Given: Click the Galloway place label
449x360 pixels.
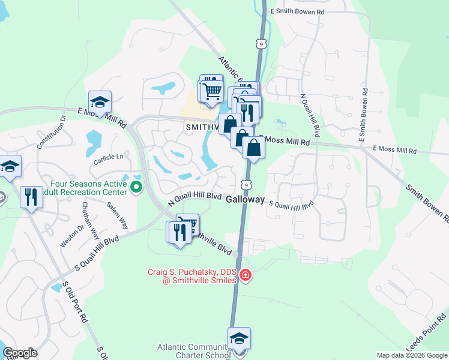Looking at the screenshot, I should click(246, 200).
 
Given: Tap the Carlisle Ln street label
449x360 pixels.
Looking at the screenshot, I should click(108, 157).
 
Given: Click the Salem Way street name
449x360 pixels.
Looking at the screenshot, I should click(118, 215).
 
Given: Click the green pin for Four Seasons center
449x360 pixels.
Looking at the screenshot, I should click(136, 188).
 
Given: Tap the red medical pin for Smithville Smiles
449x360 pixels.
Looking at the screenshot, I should click(245, 275).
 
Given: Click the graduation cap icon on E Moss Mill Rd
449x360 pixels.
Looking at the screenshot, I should click(100, 102).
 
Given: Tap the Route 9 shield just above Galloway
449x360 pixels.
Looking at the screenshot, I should click(246, 185).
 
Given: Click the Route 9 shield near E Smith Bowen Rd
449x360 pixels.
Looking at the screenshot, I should click(259, 43).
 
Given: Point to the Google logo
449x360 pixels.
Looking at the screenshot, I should click(20, 353).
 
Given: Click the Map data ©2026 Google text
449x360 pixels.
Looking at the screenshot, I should click(411, 355).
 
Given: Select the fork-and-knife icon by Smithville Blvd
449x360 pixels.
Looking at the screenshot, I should click(179, 232).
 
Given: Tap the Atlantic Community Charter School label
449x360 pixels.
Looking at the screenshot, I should click(194, 350).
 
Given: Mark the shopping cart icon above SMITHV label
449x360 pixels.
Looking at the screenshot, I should click(211, 92).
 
